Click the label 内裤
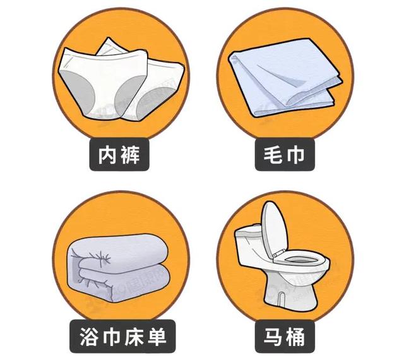pyautogui.click(x=119, y=155)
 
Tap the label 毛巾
pyautogui.click(x=285, y=155)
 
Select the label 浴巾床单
pyautogui.click(x=122, y=336)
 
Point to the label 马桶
pyautogui.click(x=285, y=336)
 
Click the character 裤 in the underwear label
pyautogui.click(x=131, y=155)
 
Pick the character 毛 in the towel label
pyautogui.click(x=273, y=155)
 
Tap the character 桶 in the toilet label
pyautogui.click(x=296, y=337)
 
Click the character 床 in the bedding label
pyautogui.click(x=134, y=337)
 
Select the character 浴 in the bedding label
pyautogui.click(x=88, y=337)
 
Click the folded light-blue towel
pyautogui.click(x=285, y=77)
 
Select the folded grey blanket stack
pyautogui.click(x=119, y=268)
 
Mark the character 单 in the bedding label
pyautogui.click(x=157, y=337)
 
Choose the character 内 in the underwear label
pyautogui.click(x=108, y=155)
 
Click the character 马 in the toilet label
pyautogui.click(x=273, y=337)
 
